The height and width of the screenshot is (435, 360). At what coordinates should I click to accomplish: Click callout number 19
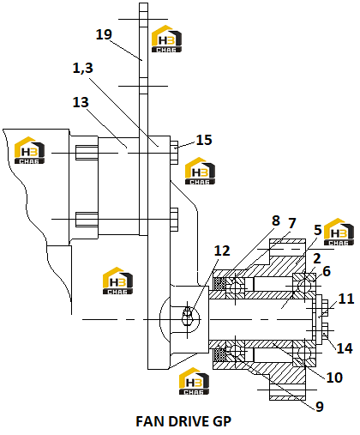coord(104,34)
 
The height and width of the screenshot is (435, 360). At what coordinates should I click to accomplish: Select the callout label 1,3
coord(83,68)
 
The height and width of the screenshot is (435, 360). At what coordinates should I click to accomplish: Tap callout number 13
coord(81,102)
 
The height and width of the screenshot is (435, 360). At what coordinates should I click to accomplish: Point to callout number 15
coord(204,140)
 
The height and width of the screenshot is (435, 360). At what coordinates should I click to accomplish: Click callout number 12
coord(222,251)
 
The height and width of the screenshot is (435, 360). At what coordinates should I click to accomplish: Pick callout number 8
coord(276,221)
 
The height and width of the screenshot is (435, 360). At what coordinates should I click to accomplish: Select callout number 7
coord(291,223)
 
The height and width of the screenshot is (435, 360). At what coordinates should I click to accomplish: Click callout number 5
coord(318,230)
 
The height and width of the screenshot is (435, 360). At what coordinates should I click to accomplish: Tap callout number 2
coord(317,258)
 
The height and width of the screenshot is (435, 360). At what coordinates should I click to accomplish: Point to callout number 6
coord(327,271)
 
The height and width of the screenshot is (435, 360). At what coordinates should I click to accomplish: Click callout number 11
coord(346,299)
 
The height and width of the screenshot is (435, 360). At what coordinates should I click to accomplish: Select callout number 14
coord(345,348)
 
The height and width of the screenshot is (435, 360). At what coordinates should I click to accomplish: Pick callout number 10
coord(334,378)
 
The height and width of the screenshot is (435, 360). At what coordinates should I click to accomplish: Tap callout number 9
coord(320,407)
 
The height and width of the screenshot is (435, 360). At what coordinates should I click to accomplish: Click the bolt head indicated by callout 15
coord(174,153)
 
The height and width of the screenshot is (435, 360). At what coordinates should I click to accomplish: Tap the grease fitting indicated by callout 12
coord(187,316)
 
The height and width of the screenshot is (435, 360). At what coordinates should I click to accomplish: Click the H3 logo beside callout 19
coord(166,39)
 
